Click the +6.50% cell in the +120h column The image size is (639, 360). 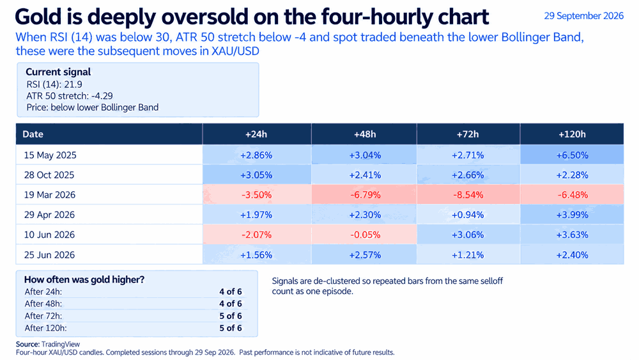click(572, 155)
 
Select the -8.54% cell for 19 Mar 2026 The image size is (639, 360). click(468, 195)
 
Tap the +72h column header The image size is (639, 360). click(468, 134)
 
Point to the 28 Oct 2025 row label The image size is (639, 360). click(49, 175)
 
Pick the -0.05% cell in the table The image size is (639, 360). click(365, 235)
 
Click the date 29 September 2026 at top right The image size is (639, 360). click(583, 16)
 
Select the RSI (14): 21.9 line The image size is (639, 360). click(54, 84)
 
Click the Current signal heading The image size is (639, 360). click(58, 72)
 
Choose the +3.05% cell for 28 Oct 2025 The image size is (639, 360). click(256, 175)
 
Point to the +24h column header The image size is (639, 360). click(256, 134)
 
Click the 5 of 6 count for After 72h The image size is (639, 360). click(231, 316)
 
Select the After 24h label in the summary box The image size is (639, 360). click(43, 292)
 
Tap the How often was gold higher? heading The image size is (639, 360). click(84, 279)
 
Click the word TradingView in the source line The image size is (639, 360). click(61, 345)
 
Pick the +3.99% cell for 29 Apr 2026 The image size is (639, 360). click(572, 215)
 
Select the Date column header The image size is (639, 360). click(33, 134)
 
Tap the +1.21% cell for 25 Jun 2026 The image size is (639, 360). click(468, 255)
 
